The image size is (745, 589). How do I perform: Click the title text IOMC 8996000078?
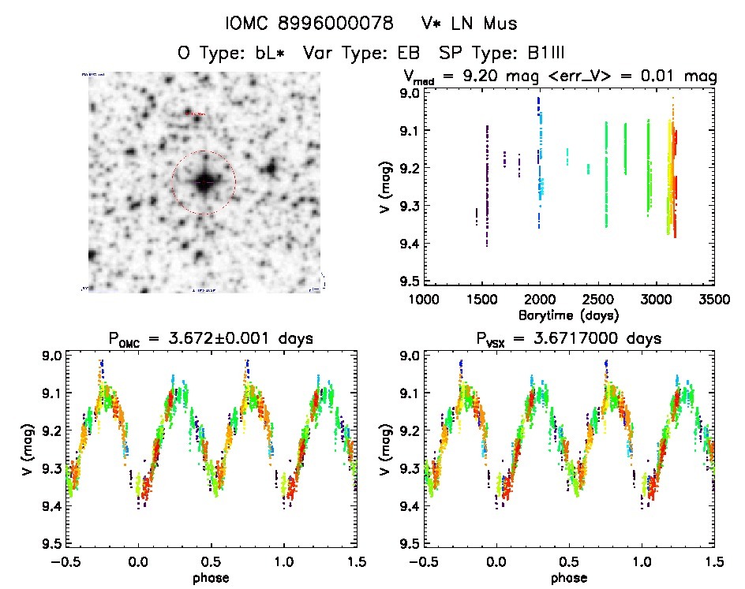point(309,24)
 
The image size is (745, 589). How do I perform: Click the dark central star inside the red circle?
point(204,182)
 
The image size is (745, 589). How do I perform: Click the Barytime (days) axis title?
point(568,315)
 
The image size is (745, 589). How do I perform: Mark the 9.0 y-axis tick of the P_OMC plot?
point(50,356)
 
